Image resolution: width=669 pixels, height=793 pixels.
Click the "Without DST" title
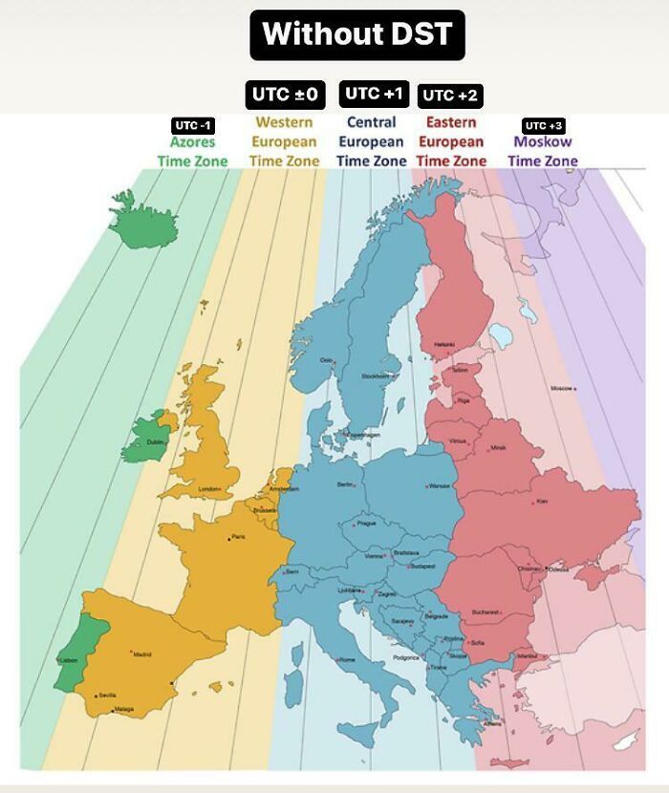click(x=357, y=34)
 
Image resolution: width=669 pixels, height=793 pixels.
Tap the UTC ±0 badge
click(x=284, y=95)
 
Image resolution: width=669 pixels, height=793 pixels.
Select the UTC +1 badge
click(x=375, y=93)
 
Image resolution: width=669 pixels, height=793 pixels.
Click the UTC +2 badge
click(x=450, y=95)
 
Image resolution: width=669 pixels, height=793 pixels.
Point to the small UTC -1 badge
click(x=192, y=125)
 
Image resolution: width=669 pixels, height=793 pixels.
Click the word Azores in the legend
click(x=192, y=142)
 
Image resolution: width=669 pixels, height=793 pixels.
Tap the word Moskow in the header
click(x=542, y=142)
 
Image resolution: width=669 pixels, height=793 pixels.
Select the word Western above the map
click(x=284, y=122)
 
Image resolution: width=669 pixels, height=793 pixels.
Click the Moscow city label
click(x=561, y=389)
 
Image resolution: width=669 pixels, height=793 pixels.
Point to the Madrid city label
click(x=141, y=654)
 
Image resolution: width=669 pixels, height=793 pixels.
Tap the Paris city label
click(x=238, y=537)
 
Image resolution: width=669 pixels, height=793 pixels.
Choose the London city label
click(x=209, y=489)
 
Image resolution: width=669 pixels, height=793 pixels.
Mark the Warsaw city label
click(x=440, y=485)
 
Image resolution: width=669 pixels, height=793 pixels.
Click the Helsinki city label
click(x=444, y=345)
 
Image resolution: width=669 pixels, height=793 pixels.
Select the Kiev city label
click(x=543, y=501)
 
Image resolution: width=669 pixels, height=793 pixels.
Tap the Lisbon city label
click(x=68, y=660)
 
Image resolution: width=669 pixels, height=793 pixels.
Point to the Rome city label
click(x=347, y=659)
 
